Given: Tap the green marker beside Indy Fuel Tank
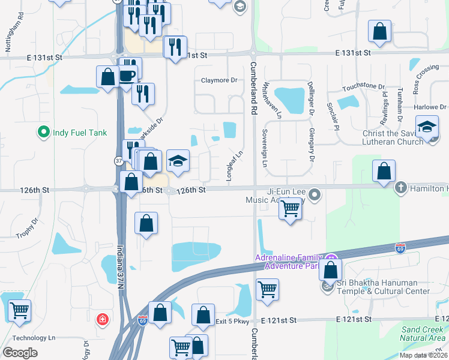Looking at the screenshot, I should (x=43, y=132).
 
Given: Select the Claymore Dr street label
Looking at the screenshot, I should (x=219, y=80).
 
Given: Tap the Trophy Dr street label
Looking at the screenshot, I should (x=26, y=226).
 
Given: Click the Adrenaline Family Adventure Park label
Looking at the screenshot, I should (x=286, y=262).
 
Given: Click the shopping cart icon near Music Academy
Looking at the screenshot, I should (x=290, y=209).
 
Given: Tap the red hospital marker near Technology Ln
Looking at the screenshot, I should (x=103, y=317).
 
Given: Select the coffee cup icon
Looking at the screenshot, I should (x=127, y=75).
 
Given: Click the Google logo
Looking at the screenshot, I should (x=20, y=353).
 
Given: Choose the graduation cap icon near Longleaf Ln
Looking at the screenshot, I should (x=178, y=160).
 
